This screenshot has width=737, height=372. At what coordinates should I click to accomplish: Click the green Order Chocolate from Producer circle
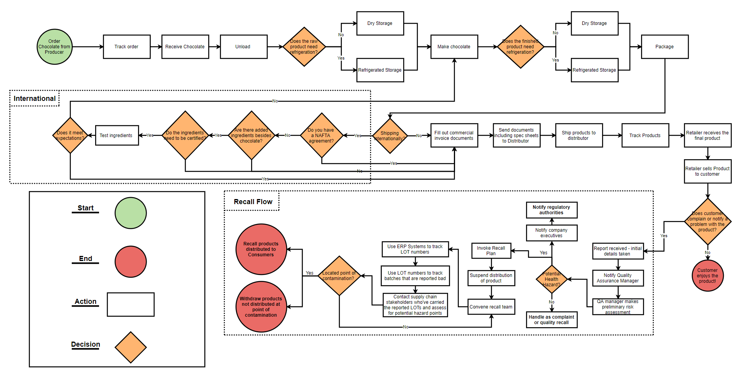55,47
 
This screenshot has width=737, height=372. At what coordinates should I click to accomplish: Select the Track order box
127,47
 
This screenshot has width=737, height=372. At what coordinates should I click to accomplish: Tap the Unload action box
244,47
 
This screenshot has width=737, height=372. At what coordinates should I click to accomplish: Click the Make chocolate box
454,47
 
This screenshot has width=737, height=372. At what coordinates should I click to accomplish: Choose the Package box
665,47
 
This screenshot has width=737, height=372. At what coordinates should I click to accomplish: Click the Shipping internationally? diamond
390,136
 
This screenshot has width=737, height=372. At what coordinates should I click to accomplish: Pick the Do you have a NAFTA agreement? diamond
322,136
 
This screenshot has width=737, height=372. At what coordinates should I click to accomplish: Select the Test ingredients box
117,136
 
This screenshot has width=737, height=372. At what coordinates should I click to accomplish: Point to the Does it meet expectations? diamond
70,136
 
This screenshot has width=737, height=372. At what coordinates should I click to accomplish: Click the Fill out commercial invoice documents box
454,136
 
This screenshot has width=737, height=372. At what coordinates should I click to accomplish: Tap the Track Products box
645,136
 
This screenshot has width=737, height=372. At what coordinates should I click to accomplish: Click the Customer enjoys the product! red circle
707,276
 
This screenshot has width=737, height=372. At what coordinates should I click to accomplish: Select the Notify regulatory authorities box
551,210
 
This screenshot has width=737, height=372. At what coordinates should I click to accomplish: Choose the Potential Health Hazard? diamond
551,279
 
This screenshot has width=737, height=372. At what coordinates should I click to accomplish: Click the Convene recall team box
491,307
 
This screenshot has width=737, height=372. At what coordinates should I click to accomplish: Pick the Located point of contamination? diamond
339,276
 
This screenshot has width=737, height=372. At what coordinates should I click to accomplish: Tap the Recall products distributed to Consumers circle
261,249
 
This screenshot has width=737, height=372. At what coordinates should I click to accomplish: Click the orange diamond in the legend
131,347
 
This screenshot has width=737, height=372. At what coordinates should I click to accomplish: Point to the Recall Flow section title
253,202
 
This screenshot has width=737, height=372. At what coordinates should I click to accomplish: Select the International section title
35,99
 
